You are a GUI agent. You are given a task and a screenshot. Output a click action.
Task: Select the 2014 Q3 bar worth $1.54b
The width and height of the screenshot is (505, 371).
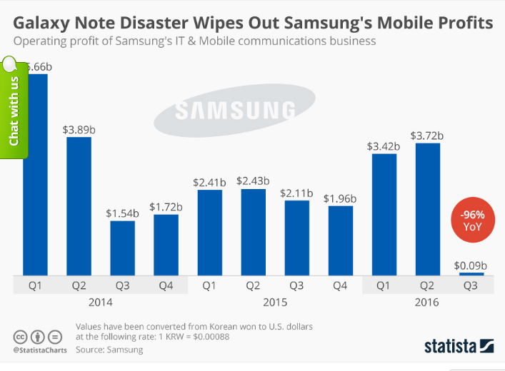pos(122,248)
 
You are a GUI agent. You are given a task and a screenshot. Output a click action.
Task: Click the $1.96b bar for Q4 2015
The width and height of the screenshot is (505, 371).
pos(340,240)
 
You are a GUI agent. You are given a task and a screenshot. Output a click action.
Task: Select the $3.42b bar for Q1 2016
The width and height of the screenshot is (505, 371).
pos(384,214)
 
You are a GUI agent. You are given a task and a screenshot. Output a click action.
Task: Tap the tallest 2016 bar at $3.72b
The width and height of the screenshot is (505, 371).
pos(427,209)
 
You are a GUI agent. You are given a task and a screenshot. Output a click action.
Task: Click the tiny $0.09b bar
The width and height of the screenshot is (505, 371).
pos(471,274)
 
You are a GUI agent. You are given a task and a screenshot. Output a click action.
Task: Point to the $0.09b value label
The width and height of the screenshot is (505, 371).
pos(471,265)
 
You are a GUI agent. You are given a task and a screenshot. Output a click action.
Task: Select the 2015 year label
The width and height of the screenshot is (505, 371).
pos(275,303)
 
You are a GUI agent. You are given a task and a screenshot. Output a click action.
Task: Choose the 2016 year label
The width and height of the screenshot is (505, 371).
pos(427,303)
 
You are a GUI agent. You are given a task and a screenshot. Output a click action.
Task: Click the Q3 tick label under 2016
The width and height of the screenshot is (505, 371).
pos(471,285)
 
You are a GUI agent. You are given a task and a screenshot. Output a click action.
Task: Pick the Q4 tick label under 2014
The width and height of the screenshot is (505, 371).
pos(166,285)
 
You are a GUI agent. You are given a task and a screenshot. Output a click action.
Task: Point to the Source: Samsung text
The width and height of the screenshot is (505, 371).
pos(109,350)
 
